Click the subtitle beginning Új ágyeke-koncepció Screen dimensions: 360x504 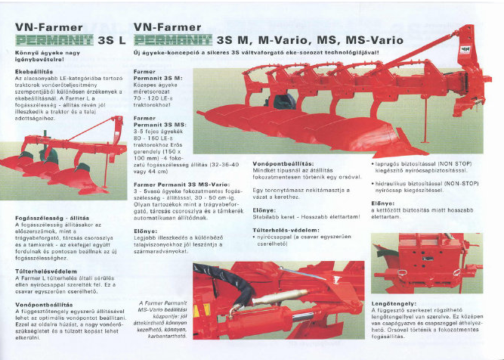click(x=258, y=54)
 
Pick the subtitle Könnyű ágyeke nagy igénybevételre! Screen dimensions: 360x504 click(x=45, y=56)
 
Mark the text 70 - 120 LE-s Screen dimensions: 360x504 click(x=153, y=98)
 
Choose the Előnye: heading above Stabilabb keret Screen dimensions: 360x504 click(x=264, y=209)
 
